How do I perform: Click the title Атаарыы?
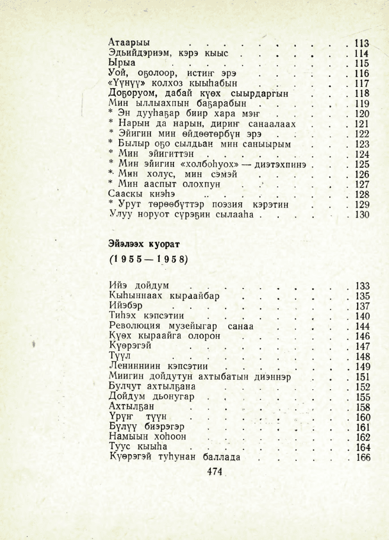(x=129, y=43)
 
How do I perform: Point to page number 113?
(x=361, y=43)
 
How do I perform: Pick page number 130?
(x=361, y=215)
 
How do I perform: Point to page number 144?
(x=361, y=326)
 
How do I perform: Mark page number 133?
(x=361, y=286)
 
